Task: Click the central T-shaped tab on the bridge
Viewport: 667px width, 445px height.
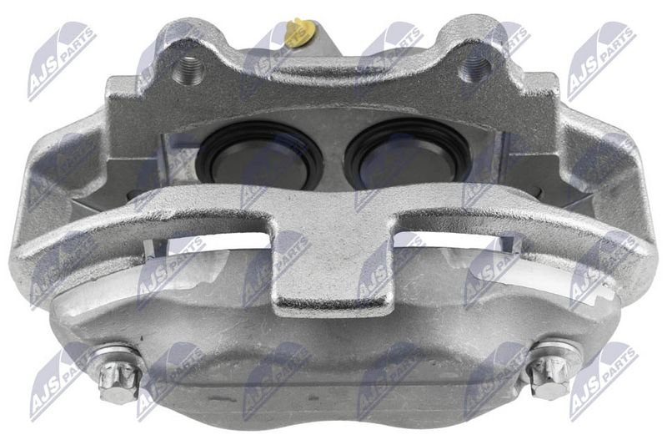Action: click(x=332, y=267)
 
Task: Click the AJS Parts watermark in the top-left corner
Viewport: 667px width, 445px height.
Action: click(x=60, y=60)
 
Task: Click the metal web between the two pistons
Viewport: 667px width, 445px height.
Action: click(x=333, y=154)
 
